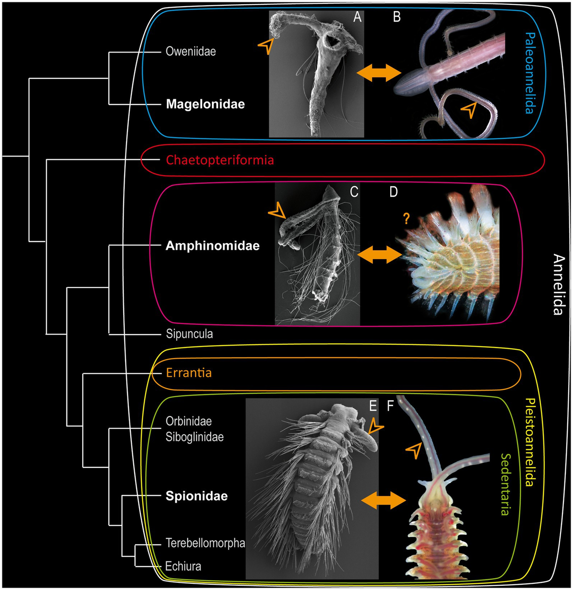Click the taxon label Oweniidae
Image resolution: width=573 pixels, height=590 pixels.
click(x=191, y=51)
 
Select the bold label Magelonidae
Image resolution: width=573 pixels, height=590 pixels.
click(x=205, y=104)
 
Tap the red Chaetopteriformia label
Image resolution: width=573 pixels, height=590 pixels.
click(x=220, y=160)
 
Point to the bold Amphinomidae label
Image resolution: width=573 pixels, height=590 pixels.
click(x=212, y=246)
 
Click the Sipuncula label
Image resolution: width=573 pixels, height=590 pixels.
click(x=189, y=334)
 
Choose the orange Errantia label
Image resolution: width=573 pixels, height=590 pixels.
click(x=189, y=373)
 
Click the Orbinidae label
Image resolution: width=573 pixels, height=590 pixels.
click(x=189, y=421)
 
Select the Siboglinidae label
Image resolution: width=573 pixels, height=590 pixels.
click(x=194, y=437)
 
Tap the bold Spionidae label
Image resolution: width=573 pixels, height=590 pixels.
click(x=196, y=496)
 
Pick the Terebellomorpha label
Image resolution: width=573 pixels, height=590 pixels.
click(x=205, y=543)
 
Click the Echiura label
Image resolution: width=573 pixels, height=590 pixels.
click(x=183, y=567)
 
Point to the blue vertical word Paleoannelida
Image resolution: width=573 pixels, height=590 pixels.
click(x=529, y=73)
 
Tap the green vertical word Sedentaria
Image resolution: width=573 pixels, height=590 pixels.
click(x=505, y=485)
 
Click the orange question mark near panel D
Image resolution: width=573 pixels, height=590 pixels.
click(x=406, y=219)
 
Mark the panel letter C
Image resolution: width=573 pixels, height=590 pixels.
click(x=354, y=192)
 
